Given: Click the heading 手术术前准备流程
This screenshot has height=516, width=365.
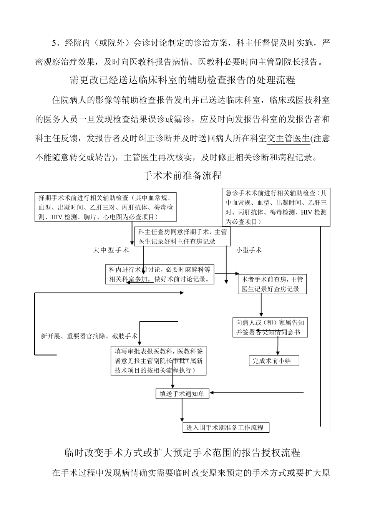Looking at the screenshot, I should [x=182, y=175].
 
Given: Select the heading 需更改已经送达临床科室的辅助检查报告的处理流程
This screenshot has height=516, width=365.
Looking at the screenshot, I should [x=182, y=80].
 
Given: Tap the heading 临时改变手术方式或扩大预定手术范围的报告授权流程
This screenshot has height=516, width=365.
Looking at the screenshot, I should [x=182, y=453].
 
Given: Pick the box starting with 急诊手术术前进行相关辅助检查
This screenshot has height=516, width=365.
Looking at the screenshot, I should [x=276, y=207].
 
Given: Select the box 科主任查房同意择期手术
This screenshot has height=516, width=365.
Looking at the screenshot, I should [x=182, y=237].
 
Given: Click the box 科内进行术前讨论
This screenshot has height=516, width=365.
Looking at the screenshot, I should [x=159, y=275].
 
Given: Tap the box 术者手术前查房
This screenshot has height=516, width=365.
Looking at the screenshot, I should [x=272, y=284].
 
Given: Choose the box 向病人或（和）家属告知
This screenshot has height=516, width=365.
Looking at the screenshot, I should [x=270, y=327].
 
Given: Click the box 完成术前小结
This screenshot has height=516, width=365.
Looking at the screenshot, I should [x=274, y=361].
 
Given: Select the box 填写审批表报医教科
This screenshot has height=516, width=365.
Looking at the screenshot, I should [x=159, y=361].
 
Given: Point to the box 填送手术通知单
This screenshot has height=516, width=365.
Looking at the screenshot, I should [x=182, y=394].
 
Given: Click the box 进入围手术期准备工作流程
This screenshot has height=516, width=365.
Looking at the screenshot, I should [x=225, y=427].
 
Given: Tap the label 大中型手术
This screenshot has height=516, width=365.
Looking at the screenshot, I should [x=111, y=250].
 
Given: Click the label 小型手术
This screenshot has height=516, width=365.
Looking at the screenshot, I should [x=249, y=250].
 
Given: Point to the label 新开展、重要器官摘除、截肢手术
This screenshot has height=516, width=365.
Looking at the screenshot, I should [x=89, y=336].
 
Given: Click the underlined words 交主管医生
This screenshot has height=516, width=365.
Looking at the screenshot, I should [x=288, y=139].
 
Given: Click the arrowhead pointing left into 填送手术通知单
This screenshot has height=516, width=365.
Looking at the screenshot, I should [x=212, y=393].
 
